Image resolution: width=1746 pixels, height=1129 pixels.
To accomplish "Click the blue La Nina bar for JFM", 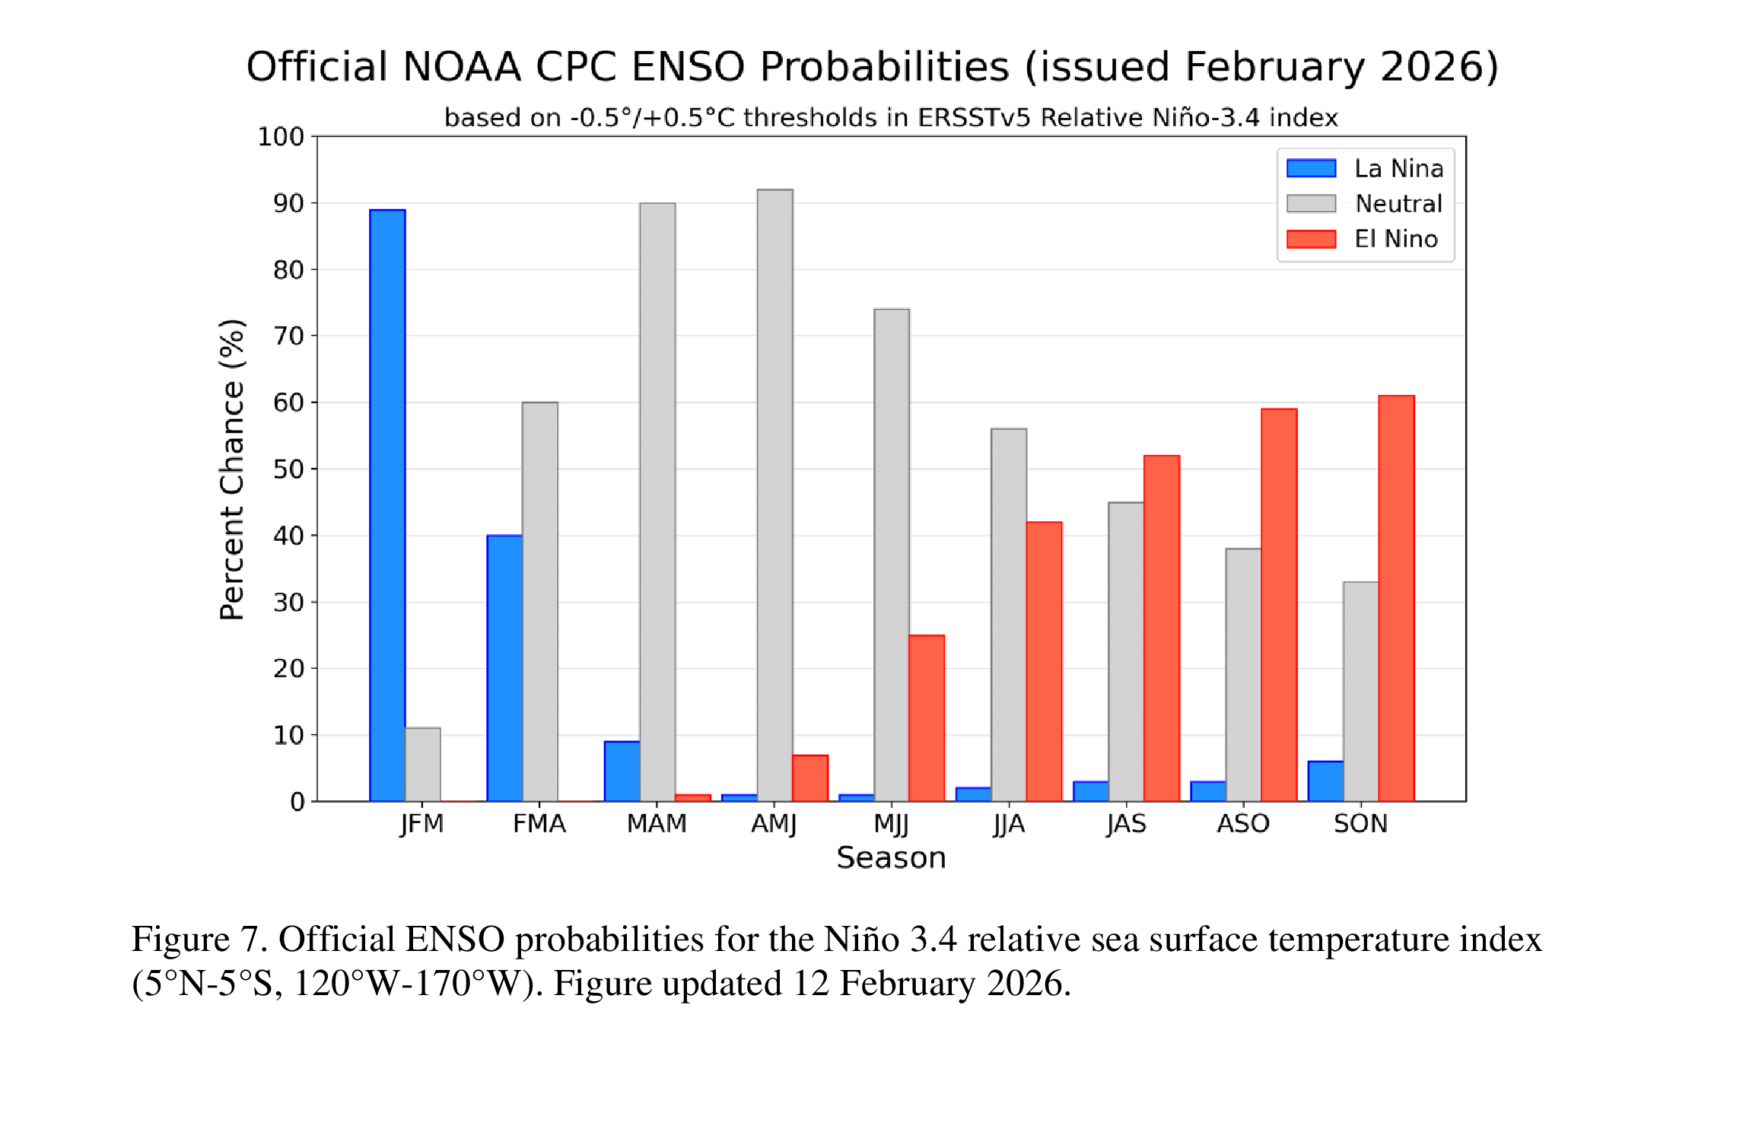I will pyautogui.click(x=387, y=505).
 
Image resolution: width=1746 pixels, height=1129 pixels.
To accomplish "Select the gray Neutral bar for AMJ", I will pyautogui.click(x=774, y=495).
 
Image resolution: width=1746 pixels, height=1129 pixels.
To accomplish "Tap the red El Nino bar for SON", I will pyautogui.click(x=1396, y=598).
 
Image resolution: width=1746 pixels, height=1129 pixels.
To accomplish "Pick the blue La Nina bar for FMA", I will pyautogui.click(x=504, y=668).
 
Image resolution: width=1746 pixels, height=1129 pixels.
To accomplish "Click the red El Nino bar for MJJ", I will pyautogui.click(x=927, y=718).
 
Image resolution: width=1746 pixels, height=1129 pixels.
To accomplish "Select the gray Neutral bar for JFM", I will pyautogui.click(x=423, y=764).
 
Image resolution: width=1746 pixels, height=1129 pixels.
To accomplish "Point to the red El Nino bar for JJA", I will pyautogui.click(x=1044, y=661).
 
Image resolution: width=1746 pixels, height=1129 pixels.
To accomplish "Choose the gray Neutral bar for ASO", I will pyautogui.click(x=1243, y=674).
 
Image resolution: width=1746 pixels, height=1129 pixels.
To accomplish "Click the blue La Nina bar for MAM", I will pyautogui.click(x=622, y=771).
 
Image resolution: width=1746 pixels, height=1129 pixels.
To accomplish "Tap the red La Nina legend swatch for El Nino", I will pyautogui.click(x=1311, y=239).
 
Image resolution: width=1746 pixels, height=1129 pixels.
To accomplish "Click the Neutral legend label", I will pyautogui.click(x=1398, y=204).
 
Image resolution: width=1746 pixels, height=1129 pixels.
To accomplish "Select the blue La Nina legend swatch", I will pyautogui.click(x=1311, y=168).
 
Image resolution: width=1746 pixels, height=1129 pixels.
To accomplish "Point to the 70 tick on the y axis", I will pyautogui.click(x=288, y=336).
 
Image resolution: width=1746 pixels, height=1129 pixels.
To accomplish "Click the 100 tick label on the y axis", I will pyautogui.click(x=281, y=137).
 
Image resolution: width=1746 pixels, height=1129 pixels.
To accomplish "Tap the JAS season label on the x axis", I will pyautogui.click(x=1126, y=824).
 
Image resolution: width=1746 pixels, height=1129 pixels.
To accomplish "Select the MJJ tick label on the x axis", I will pyautogui.click(x=891, y=824).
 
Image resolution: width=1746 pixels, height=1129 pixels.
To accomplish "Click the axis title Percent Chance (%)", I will pyautogui.click(x=232, y=469).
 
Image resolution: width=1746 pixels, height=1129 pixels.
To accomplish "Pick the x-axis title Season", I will pyautogui.click(x=891, y=858).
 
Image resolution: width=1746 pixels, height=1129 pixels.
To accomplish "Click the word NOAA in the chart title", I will pyautogui.click(x=462, y=67).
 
